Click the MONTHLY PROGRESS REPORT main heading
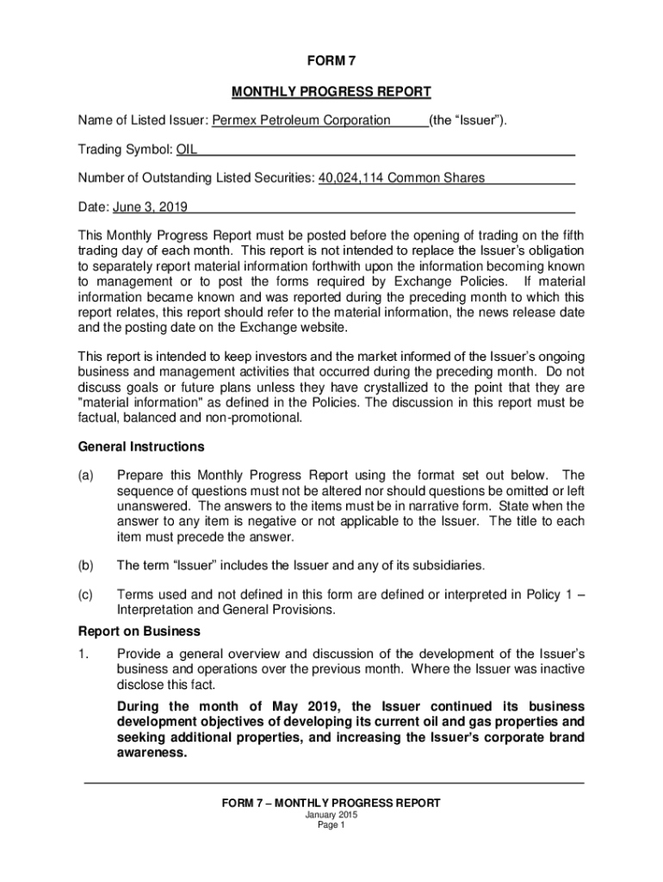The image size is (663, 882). coord(331,91)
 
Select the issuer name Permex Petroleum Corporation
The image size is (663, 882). coord(301,121)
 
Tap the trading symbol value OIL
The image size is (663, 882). coord(187,150)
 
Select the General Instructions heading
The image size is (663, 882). coord(141,447)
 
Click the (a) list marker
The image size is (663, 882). coord(86,475)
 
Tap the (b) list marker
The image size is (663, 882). coord(86,566)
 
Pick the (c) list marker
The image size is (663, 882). coord(86,594)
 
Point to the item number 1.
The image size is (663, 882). coord(83,654)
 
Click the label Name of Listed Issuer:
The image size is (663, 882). coord(144,121)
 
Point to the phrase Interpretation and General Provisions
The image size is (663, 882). coord(226,609)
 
